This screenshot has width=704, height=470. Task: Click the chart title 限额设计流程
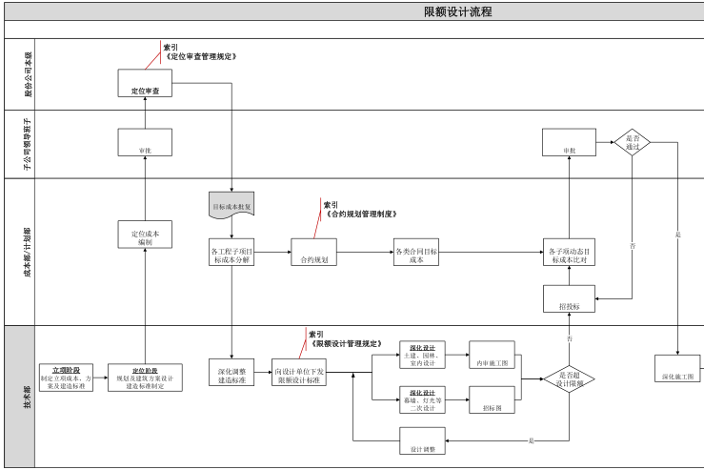[457, 11]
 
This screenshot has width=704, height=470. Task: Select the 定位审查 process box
[145, 83]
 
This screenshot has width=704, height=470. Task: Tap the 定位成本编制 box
[145, 235]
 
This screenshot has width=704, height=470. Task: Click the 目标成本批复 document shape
[231, 204]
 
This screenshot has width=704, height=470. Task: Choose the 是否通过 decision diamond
[633, 143]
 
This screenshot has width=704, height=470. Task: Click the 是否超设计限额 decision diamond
[570, 378]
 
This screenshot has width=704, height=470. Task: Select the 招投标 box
[570, 300]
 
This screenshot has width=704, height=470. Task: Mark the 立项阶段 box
[67, 378]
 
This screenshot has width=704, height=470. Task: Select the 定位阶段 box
[145, 378]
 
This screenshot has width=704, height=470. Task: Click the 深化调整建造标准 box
[231, 372]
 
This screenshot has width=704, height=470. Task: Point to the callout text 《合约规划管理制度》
[361, 215]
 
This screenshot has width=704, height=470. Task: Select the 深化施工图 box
[676, 370]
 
